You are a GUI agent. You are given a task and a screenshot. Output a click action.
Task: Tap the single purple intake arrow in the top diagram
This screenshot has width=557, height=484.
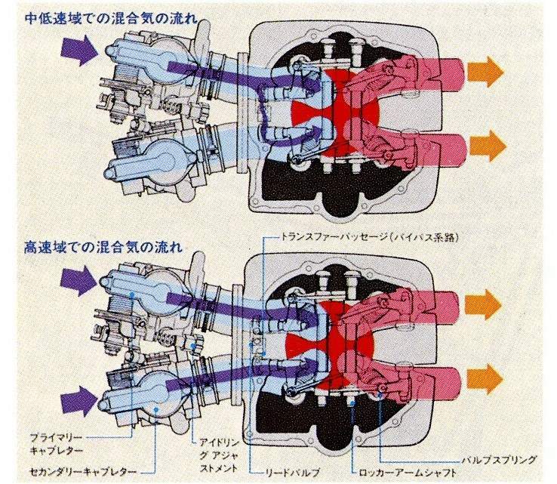click(x=75, y=51)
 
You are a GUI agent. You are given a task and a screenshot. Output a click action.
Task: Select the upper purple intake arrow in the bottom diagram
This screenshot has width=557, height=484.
click(x=75, y=285)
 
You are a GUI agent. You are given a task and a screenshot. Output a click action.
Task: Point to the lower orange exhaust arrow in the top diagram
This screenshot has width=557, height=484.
click(x=485, y=143)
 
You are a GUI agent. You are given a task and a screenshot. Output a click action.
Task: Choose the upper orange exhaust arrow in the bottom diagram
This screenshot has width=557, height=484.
click(x=485, y=304)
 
